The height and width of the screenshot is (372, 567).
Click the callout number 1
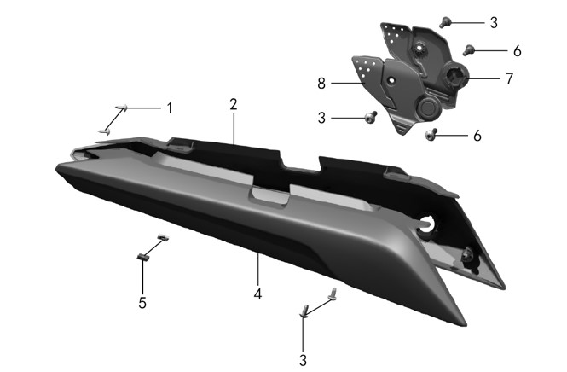(x=169, y=108)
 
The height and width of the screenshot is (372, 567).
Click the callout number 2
(x=234, y=104)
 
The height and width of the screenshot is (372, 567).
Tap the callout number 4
(x=257, y=294)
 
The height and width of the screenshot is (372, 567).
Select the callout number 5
(x=142, y=303)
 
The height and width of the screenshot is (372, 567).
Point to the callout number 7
(x=509, y=78)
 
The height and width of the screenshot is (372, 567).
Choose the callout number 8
(x=321, y=84)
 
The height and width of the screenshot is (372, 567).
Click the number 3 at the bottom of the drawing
(x=303, y=360)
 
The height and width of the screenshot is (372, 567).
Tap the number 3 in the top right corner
(x=494, y=23)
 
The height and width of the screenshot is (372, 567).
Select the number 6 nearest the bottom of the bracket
(x=477, y=136)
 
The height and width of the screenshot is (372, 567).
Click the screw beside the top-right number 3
(x=444, y=22)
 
